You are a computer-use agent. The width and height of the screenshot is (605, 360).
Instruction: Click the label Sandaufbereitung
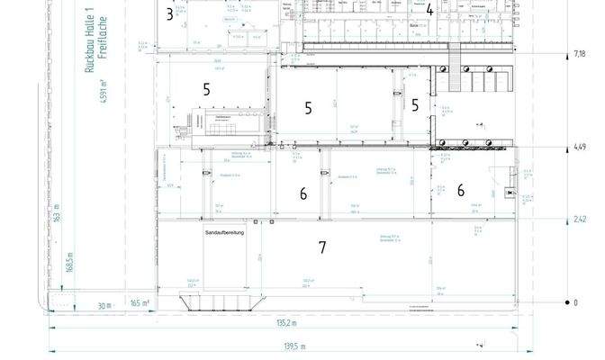(x=226, y=232)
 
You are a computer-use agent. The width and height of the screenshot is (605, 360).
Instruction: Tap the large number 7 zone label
(x=321, y=247)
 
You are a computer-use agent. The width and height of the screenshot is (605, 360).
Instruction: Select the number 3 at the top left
(x=169, y=13)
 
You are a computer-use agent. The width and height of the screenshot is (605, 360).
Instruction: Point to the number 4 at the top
(x=430, y=11)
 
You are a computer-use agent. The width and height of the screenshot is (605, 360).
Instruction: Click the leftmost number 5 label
(x=206, y=89)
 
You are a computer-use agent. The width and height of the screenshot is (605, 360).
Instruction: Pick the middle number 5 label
(x=308, y=108)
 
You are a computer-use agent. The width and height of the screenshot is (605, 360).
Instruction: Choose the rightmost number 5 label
(x=415, y=105)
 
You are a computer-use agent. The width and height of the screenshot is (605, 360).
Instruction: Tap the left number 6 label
(x=303, y=193)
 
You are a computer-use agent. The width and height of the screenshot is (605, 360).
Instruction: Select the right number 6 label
(x=460, y=190)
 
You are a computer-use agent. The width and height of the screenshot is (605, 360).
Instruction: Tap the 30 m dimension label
(x=104, y=303)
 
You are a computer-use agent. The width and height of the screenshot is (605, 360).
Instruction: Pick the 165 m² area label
(x=140, y=303)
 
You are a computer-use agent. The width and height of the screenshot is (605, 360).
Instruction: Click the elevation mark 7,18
(x=580, y=54)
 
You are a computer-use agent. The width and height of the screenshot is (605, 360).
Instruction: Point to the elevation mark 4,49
(x=580, y=147)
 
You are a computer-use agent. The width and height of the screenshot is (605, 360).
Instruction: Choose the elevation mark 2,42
(x=580, y=219)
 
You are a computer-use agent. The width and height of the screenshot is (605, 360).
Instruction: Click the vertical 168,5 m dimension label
(x=69, y=267)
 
